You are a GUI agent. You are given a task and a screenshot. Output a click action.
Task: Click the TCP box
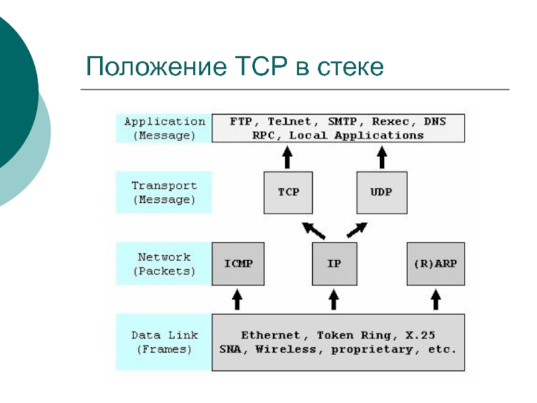coord(289,191)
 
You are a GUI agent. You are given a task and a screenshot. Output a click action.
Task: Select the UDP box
coord(381,191)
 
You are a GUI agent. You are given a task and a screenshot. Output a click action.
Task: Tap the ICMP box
coord(238,263)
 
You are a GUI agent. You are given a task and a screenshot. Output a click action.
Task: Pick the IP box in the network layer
coord(334,263)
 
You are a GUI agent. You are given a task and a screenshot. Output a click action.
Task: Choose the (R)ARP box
coord(436,263)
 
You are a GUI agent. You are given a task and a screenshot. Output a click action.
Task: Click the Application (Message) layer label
coord(164,128)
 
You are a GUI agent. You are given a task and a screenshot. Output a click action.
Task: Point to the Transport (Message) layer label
coord(164,193)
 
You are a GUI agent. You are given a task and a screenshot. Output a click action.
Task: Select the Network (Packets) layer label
coord(164,264)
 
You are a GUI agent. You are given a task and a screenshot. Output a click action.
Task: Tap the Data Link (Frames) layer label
coord(164,341)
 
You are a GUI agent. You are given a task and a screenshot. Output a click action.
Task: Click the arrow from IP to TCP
coord(313,230)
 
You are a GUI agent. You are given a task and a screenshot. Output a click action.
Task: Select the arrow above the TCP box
coord(288,158)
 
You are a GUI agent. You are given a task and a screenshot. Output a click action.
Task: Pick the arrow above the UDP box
coord(382,158)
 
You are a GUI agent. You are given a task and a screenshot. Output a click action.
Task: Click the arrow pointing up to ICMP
coord(237,298)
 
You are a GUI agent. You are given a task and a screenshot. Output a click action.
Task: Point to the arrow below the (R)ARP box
coord(436,298)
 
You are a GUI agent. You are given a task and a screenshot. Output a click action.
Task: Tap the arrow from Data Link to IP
coord(333,298)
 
